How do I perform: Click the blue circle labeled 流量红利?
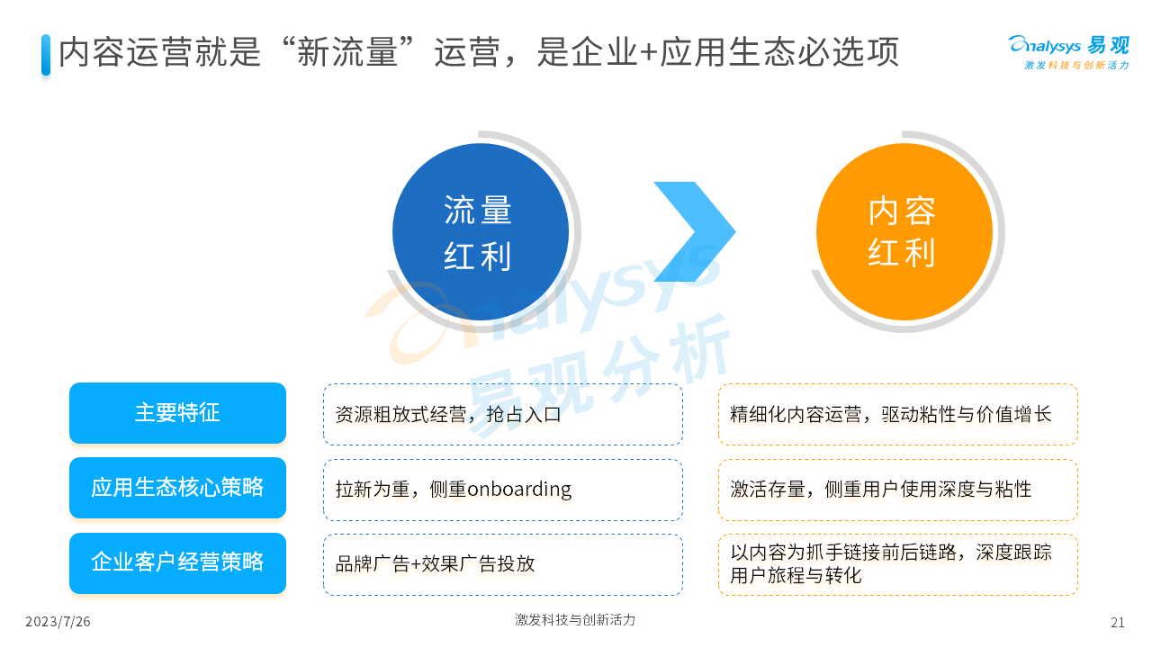481,232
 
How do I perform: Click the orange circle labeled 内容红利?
904,232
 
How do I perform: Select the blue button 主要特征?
177,413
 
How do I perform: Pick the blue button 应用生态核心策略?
177,488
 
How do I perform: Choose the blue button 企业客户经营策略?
177,563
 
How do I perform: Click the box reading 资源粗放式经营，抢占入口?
503,415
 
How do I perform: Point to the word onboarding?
519,489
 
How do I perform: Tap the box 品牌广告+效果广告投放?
503,564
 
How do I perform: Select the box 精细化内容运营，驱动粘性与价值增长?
898,415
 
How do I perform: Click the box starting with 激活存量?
898,490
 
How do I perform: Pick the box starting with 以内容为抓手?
898,564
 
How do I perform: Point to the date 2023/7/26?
58,622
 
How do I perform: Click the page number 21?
1118,622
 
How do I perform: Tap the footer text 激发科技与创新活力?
575,620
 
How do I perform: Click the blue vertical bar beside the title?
46,55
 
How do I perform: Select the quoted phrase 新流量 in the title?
347,52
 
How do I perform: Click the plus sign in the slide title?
649,53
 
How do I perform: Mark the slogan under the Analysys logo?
1076,66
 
